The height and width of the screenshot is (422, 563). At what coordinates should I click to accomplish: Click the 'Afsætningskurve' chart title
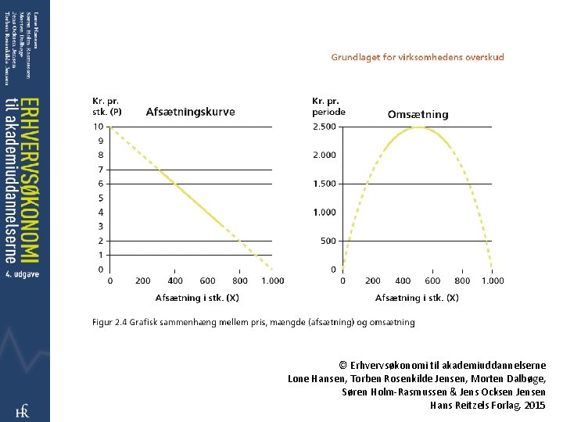190,112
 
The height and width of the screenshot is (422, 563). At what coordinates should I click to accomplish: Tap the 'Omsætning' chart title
418,114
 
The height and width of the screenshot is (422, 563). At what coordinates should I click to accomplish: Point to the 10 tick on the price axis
99,127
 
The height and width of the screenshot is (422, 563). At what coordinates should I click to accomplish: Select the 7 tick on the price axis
100,170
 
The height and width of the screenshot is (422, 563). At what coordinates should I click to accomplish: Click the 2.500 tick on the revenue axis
325,127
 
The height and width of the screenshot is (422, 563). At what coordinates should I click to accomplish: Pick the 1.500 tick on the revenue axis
325,184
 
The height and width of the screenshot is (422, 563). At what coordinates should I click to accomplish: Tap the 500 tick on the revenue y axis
328,241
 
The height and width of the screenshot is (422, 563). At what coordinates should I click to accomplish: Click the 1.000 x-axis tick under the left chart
273,281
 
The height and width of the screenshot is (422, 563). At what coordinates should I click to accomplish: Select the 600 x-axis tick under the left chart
207,281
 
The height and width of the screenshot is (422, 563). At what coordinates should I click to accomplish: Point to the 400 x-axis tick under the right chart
403,281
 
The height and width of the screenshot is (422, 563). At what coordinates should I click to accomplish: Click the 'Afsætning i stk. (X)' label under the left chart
197,298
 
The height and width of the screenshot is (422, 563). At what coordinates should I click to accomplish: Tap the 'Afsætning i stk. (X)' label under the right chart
417,298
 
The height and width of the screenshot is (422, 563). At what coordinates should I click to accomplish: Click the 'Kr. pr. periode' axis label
328,106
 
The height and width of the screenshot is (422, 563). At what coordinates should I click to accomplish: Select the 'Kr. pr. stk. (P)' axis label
107,106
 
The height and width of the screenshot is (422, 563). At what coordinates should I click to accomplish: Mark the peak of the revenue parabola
418,127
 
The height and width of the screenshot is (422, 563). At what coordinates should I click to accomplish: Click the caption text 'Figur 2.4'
110,322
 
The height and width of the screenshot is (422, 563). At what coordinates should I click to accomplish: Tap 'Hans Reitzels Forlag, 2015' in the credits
487,405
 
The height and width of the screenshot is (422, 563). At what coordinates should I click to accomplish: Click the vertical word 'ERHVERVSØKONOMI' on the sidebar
27,184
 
